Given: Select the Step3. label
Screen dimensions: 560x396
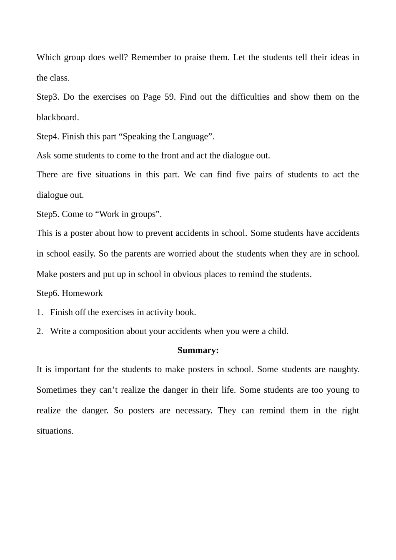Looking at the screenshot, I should pyautogui.click(x=48, y=97).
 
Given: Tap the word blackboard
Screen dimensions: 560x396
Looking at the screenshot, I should pyautogui.click(x=58, y=118).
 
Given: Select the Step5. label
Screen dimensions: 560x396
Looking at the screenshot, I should pyautogui.click(x=48, y=214).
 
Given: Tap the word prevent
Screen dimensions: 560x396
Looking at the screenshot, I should pyautogui.click(x=159, y=233).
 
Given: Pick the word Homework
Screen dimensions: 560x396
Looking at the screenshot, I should pyautogui.click(x=82, y=293).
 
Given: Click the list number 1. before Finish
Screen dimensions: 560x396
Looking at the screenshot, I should pyautogui.click(x=40, y=313).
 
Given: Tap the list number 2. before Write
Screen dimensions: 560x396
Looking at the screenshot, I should pyautogui.click(x=40, y=332).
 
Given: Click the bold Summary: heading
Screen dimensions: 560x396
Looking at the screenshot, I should pyautogui.click(x=198, y=351).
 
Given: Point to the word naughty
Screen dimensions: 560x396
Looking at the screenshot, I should pyautogui.click(x=344, y=370).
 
